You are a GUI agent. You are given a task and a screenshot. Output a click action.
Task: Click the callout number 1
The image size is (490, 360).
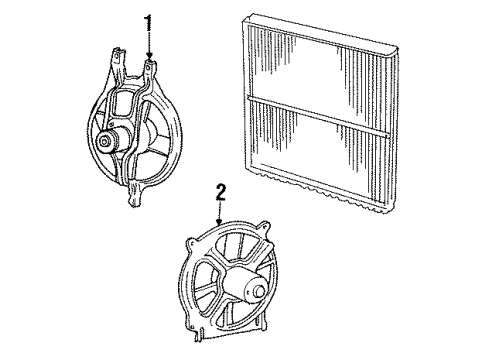[x=151, y=22]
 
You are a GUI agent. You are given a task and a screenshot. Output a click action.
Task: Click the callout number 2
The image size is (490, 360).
[x=222, y=190]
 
